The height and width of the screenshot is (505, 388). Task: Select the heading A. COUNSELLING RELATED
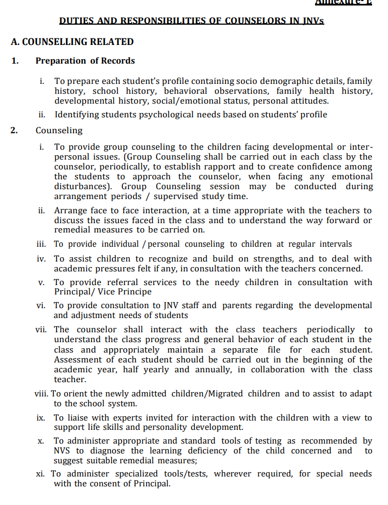(72, 42)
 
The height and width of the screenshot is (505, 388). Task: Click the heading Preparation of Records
(85, 61)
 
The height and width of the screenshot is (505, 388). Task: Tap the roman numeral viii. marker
(42, 394)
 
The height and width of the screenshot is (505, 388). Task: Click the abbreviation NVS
(63, 451)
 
